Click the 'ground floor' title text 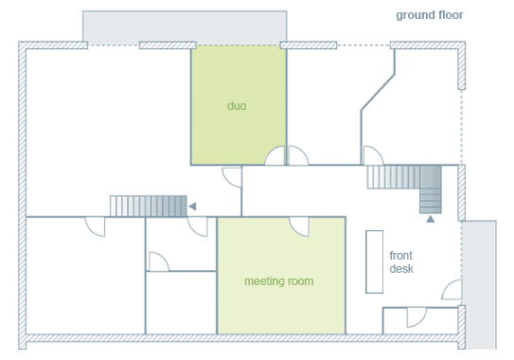pos(430,15)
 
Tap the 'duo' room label pos(237,106)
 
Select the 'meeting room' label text pos(279,281)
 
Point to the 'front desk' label pos(401,261)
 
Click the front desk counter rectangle pos(374,261)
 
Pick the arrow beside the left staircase pos(192,207)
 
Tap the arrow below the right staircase pos(431,219)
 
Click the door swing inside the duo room pos(275,155)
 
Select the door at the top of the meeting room pos(299,226)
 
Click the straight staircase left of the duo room pos(149,207)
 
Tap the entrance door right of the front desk pos(452,290)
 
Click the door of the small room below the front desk pos(417,317)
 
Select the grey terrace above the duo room pos(185,27)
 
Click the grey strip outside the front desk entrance pos(479,285)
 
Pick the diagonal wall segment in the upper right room pos(378,92)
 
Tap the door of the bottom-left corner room pos(95,226)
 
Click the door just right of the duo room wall pos(298,155)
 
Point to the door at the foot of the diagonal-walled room pos(373,155)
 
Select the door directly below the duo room pos(232,177)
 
